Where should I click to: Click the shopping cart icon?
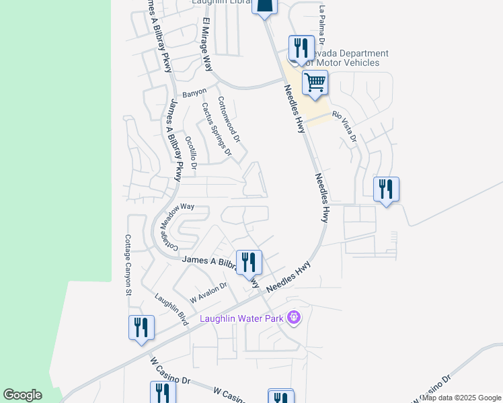coord(315,83)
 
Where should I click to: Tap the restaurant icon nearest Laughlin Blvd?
coord(142,328)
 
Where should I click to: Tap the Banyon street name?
coord(194,93)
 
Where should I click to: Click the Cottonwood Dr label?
coord(229,120)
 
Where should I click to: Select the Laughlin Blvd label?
coord(171,310)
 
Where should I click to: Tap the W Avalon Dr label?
coord(208,291)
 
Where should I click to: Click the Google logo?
coord(22,395)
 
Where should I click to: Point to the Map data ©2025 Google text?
coord(461,398)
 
